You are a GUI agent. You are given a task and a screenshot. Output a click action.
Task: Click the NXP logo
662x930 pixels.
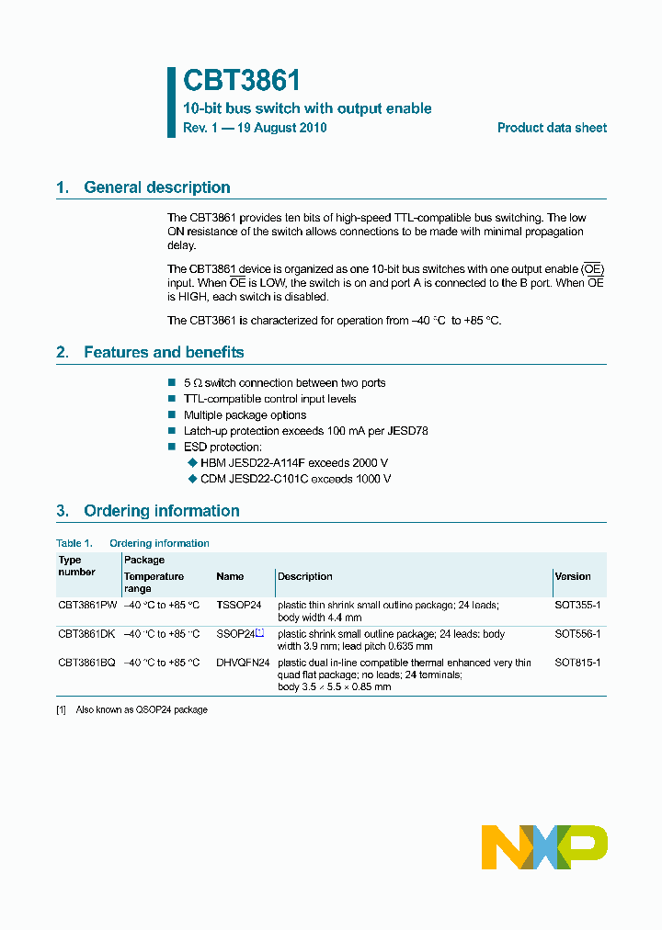544,846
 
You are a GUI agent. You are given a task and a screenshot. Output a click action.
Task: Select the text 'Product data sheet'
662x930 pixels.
552,128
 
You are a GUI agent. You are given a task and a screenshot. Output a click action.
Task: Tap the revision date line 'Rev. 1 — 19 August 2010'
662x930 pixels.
255,128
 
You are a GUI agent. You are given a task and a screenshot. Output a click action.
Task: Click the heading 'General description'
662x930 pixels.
156,187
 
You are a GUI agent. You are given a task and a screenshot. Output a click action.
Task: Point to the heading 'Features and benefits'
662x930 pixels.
164,352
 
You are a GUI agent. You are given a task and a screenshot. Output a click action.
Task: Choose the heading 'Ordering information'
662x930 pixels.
161,511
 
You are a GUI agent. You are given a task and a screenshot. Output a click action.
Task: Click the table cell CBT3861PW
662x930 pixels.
87,606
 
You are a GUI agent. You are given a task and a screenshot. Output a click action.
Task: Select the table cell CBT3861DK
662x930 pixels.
86,634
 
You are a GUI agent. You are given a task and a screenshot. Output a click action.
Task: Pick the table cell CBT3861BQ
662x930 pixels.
86,663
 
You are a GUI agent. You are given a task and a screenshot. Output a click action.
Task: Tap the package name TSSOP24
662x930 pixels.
239,606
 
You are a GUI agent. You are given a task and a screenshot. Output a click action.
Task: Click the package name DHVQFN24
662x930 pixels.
243,663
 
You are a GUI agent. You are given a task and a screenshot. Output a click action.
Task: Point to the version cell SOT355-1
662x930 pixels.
577,606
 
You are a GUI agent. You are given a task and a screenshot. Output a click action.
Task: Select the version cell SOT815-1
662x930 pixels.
577,663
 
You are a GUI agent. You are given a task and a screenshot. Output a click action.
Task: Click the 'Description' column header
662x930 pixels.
305,576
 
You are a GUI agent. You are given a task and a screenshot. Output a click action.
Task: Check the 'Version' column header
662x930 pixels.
573,576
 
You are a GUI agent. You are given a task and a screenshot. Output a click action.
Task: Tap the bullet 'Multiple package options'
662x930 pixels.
245,415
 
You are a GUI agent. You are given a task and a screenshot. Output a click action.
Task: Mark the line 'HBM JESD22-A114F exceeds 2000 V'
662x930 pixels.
294,463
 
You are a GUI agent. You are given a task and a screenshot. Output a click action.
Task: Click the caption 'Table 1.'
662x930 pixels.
74,543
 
